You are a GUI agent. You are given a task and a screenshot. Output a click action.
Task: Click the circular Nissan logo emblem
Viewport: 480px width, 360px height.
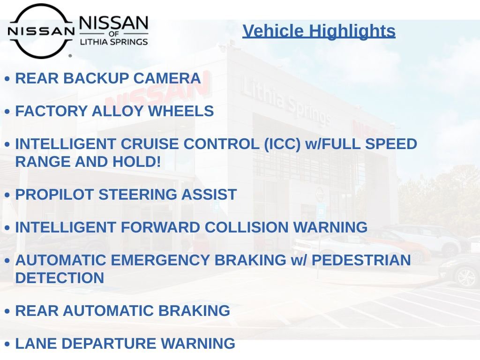(x=41, y=31)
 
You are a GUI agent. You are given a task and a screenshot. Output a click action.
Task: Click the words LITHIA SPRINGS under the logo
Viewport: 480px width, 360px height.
(x=114, y=42)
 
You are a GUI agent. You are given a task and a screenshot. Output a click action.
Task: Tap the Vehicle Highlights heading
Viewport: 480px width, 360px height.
(x=319, y=31)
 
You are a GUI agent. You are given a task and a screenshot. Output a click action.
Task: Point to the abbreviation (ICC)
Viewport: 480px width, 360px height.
(x=282, y=144)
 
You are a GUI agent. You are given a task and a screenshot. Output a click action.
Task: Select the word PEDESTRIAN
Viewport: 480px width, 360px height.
(x=361, y=260)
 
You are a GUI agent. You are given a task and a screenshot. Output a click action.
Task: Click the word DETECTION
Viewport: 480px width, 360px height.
(x=60, y=278)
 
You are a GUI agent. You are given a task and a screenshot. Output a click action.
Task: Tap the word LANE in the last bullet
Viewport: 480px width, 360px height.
(x=36, y=344)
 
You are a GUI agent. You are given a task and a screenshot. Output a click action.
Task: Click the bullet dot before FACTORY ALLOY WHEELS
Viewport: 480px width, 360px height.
(x=7, y=112)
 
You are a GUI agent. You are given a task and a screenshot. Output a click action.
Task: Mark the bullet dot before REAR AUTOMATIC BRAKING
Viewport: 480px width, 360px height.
(x=7, y=311)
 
